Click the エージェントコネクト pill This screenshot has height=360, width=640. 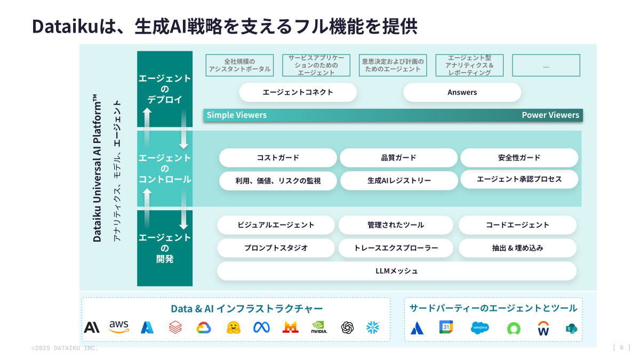tap(298, 92)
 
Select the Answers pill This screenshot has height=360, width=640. tap(462, 92)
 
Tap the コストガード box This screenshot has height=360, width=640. tap(278, 158)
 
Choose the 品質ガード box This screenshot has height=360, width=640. tap(398, 158)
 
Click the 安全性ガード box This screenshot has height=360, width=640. tap(519, 158)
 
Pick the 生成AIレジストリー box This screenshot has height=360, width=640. tap(399, 181)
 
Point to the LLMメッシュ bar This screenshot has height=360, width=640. tap(396, 271)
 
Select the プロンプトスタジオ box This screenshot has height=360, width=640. tap(276, 248)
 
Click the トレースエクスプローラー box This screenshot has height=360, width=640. tap(396, 248)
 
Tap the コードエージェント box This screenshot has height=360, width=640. tap(517, 225)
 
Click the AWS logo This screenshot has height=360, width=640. tap(119, 327)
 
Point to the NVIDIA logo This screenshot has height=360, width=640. tap(319, 327)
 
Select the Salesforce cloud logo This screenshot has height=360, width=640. tap(480, 327)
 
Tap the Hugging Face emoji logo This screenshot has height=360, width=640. tap(233, 327)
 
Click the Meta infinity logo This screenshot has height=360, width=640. tap(261, 327)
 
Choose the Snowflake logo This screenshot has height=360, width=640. tap(373, 327)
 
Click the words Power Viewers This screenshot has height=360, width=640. tap(550, 115)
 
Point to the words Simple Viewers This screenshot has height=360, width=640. tap(237, 115)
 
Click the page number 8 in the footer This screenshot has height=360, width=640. tap(621, 348)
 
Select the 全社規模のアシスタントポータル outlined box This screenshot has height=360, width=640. tap(239, 65)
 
